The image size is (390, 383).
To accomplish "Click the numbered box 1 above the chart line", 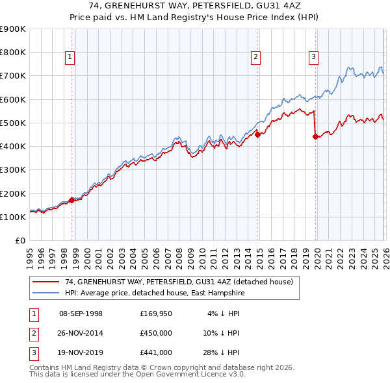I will pos(70,57).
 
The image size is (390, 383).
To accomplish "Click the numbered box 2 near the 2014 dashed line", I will pos(256,57).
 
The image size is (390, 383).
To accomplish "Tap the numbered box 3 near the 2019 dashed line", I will pos(313,57).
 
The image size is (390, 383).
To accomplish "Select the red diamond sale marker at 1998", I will pos(71,200).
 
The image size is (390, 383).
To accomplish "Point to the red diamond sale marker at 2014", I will pos(258,134).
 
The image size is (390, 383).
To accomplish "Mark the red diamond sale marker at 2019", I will pos(315,136).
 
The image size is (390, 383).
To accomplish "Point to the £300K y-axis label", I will pos(13,170).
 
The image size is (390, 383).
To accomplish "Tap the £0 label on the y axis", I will pos(19,241).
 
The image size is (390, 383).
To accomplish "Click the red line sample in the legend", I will pos(46,282).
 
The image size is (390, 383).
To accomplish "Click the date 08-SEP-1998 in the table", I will pos(81,314).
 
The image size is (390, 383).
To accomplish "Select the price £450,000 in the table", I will pos(156,333).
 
